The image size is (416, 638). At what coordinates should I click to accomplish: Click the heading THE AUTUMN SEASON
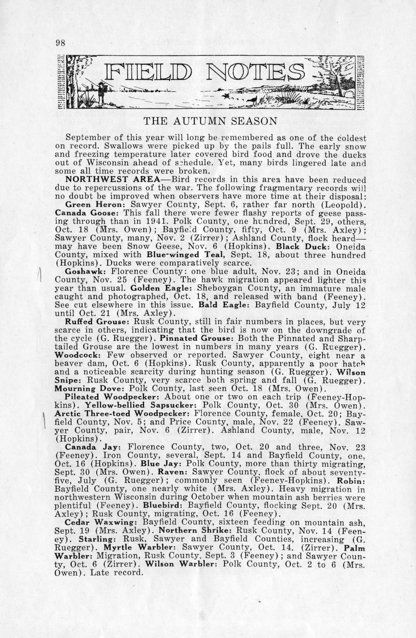[210, 122]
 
